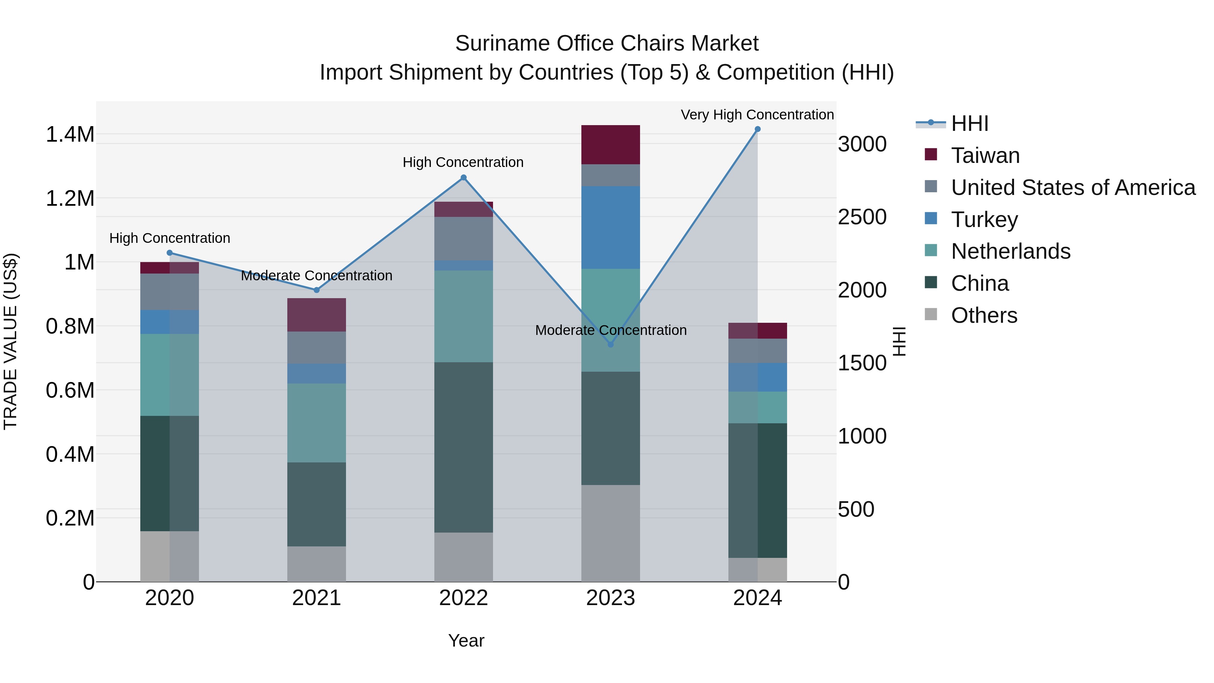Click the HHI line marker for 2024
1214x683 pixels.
[x=757, y=129]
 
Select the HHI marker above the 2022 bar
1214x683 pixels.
[x=463, y=178]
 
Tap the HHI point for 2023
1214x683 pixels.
[x=610, y=345]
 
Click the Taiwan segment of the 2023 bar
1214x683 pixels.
[x=610, y=145]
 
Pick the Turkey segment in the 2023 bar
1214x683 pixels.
[x=610, y=228]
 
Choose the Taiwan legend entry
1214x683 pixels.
[x=985, y=155]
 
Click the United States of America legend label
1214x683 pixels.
[x=1073, y=188]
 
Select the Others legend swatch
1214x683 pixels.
[x=931, y=314]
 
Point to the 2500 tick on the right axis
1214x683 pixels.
[x=862, y=217]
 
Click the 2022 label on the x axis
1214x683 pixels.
[x=463, y=598]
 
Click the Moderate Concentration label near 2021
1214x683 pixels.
[x=316, y=276]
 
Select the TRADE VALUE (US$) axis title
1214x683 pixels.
[x=10, y=341]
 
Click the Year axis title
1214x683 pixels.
[x=466, y=641]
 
